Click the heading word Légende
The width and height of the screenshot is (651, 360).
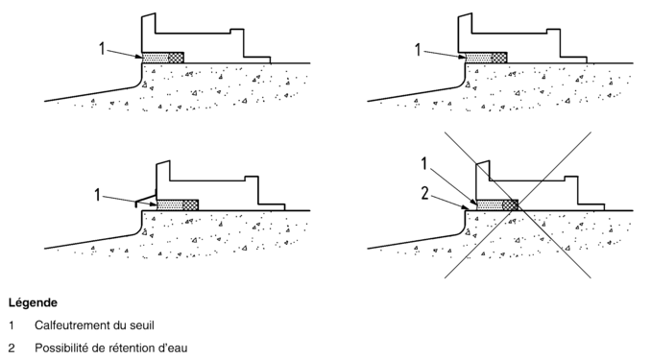pyautogui.click(x=33, y=302)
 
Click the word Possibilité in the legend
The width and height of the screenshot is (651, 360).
pyautogui.click(x=60, y=348)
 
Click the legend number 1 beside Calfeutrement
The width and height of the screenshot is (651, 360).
pyautogui.click(x=12, y=325)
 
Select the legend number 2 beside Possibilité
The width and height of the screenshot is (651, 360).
pyautogui.click(x=12, y=348)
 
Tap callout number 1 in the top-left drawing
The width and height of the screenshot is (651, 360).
pyautogui.click(x=102, y=49)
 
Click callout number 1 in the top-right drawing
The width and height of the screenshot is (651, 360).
pyautogui.click(x=418, y=50)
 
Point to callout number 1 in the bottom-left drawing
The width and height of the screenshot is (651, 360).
pyautogui.click(x=98, y=194)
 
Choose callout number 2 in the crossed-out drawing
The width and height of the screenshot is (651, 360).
pyautogui.click(x=424, y=193)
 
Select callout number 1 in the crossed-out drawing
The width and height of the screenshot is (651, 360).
pyautogui.click(x=423, y=163)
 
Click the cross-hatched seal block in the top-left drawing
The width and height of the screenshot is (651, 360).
pyautogui.click(x=176, y=58)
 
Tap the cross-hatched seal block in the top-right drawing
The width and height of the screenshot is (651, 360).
pyautogui.click(x=499, y=58)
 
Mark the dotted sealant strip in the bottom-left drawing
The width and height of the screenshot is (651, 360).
pyautogui.click(x=170, y=205)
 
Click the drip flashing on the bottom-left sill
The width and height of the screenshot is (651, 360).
pyautogui.click(x=145, y=200)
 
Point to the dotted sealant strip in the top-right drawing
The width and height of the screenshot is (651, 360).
pyautogui.click(x=479, y=58)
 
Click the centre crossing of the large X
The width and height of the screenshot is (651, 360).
pyautogui.click(x=518, y=204)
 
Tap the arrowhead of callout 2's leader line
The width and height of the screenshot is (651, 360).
pyautogui.click(x=467, y=207)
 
